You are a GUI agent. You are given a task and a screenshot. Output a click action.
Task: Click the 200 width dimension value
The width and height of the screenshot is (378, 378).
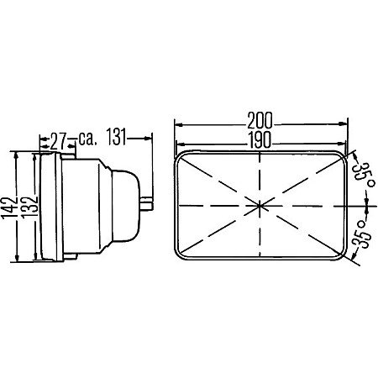pos(260,120)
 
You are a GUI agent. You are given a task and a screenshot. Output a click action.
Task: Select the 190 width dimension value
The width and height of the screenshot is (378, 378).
pos(260,139)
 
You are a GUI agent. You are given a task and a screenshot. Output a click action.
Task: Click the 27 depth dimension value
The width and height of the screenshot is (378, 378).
pos(58,141)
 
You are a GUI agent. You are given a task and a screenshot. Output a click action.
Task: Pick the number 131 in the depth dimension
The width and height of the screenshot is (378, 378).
pos(117,137)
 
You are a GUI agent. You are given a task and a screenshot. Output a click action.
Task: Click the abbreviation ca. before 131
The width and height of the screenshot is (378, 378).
pos(87,139)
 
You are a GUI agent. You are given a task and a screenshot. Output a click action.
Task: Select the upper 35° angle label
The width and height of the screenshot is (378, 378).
pos(363,174)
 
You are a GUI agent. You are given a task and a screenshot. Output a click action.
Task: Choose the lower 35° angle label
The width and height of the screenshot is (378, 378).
pos(362,234)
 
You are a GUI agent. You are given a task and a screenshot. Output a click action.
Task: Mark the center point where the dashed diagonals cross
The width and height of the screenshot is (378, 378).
pos(260,206)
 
